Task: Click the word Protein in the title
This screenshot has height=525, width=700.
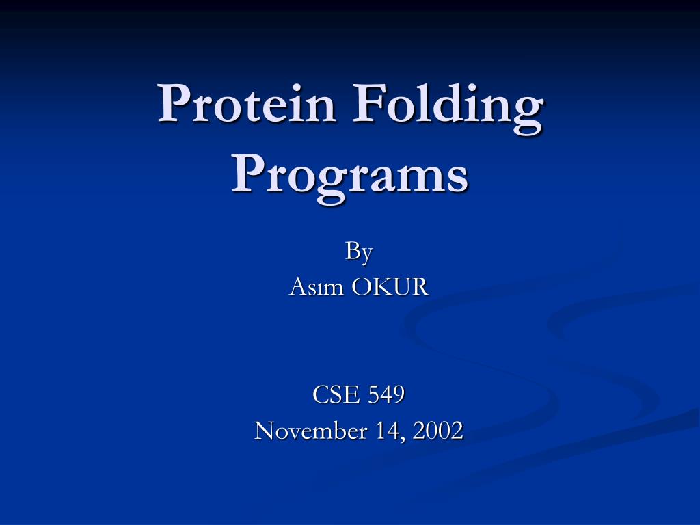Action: click(x=246, y=103)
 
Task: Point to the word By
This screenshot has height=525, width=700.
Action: click(x=358, y=252)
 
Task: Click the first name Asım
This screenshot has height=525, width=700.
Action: click(x=317, y=286)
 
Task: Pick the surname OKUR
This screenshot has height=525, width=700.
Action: click(x=390, y=286)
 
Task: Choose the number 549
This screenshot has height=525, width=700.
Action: click(x=387, y=394)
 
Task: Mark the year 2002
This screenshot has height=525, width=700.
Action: click(x=438, y=431)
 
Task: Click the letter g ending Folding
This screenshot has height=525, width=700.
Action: click(x=527, y=116)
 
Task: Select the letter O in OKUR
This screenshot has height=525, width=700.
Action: click(x=362, y=287)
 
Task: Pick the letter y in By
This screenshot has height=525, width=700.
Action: click(x=366, y=256)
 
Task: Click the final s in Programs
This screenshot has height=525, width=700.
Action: click(x=457, y=180)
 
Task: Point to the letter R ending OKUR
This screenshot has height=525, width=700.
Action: click(x=420, y=287)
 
